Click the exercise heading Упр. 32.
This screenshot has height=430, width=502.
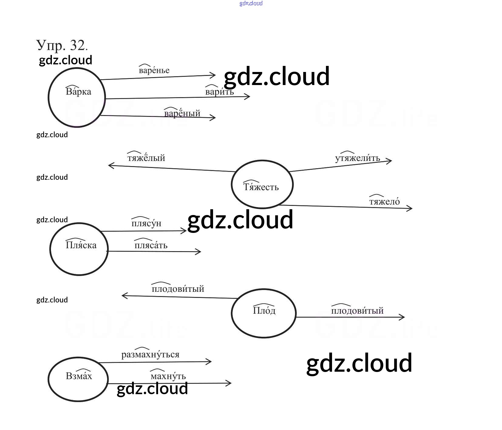point(62,46)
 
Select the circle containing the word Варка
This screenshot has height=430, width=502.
point(77,97)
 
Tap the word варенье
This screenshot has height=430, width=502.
point(154,70)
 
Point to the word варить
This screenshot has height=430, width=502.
point(219,92)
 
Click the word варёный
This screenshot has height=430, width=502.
point(182,113)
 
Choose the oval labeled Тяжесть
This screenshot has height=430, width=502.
point(262,184)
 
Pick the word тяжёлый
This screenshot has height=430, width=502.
point(146,158)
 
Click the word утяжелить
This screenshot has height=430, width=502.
point(357,158)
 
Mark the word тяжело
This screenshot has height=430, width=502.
point(384,201)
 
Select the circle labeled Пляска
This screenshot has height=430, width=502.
point(79,249)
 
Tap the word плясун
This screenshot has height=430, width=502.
point(146,223)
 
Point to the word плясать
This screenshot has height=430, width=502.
point(151,245)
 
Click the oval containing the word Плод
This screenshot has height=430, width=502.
point(263,313)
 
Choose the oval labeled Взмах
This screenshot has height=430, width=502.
point(78,379)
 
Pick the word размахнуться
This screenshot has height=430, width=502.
point(150,354)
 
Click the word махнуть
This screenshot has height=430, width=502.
point(168,376)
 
